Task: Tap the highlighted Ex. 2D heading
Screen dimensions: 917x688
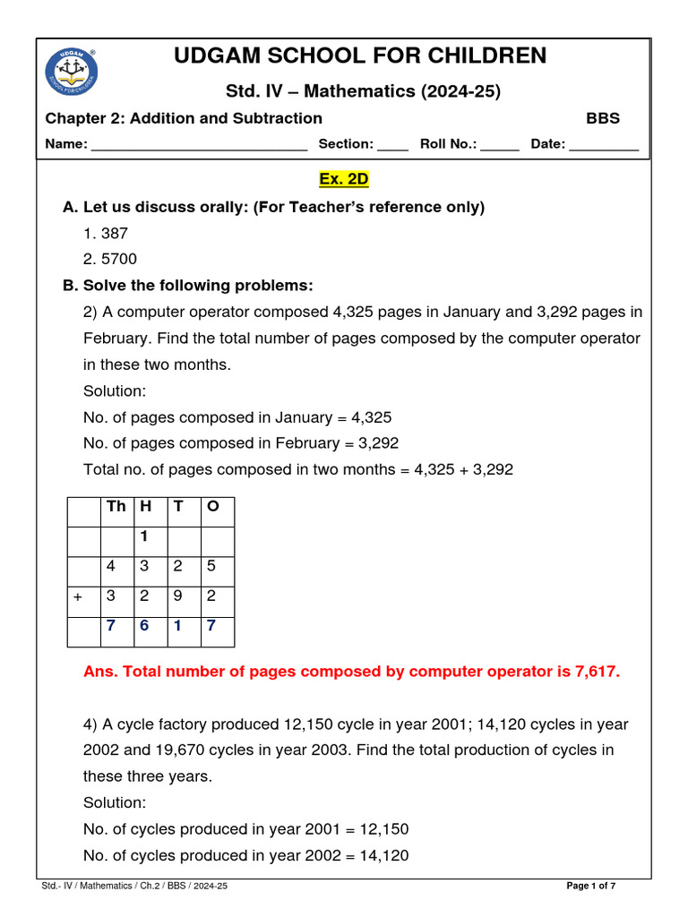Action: click(x=344, y=179)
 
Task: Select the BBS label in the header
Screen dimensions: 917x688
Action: click(x=603, y=118)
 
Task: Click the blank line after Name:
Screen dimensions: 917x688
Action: click(x=199, y=145)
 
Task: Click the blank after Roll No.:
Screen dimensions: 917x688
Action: click(x=500, y=145)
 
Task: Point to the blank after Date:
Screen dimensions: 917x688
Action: click(x=604, y=145)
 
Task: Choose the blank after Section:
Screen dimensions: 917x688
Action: click(x=392, y=145)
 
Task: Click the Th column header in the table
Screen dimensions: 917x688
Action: click(x=116, y=507)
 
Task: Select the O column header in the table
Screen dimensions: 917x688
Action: click(x=212, y=507)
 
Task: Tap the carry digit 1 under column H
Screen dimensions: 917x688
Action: click(x=143, y=537)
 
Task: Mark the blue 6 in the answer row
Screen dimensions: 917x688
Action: click(x=143, y=626)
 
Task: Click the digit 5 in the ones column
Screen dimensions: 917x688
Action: click(x=211, y=567)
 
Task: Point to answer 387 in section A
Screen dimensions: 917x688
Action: click(x=115, y=233)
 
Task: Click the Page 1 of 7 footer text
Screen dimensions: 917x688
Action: click(x=591, y=886)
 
